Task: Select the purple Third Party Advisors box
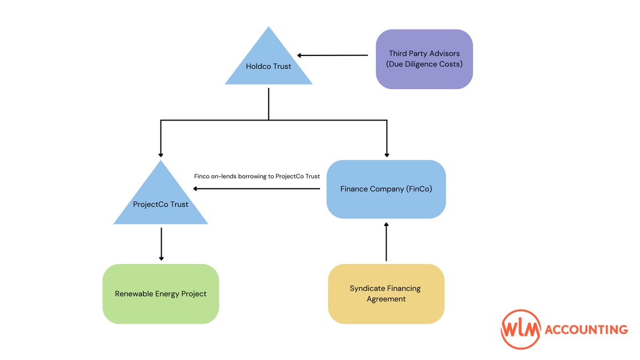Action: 424,59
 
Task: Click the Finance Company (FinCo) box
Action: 386,189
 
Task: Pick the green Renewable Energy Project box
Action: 161,294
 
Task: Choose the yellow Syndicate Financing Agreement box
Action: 386,294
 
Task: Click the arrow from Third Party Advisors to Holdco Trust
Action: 333,55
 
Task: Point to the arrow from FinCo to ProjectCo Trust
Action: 260,189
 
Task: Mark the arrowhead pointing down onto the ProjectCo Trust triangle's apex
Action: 161,155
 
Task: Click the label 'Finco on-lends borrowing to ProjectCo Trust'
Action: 257,176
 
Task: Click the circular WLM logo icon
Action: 521,330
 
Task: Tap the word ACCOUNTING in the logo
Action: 586,330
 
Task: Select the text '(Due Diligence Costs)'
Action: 424,65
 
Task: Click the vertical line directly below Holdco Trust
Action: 268,104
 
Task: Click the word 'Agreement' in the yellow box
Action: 386,299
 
